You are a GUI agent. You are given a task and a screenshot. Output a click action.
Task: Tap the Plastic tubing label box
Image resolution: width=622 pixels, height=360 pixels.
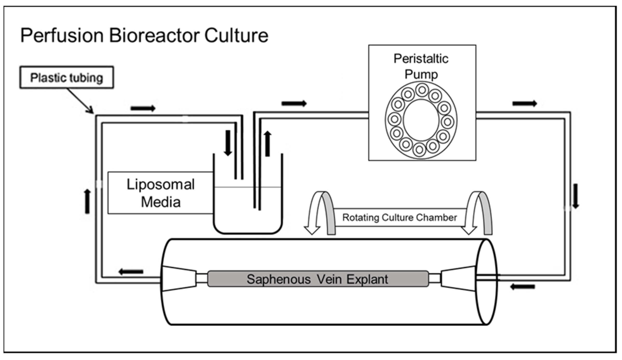(66, 77)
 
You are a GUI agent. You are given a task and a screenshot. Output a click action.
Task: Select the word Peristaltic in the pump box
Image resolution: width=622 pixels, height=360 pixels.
(421, 59)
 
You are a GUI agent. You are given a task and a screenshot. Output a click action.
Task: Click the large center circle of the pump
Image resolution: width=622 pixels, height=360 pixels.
(421, 120)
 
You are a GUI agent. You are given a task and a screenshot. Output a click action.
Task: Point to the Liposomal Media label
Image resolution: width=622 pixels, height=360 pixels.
(160, 193)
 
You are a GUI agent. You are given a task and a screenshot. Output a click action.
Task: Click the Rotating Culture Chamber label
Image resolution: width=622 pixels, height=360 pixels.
(399, 217)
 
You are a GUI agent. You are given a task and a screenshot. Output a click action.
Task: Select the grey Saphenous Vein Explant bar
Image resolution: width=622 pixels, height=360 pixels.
(318, 279)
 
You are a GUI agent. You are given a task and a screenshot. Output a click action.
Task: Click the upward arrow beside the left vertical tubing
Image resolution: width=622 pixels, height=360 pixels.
(87, 202)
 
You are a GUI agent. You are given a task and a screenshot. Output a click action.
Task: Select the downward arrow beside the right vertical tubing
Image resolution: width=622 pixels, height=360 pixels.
(576, 196)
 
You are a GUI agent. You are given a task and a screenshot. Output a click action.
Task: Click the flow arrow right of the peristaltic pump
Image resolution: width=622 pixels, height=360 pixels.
(524, 103)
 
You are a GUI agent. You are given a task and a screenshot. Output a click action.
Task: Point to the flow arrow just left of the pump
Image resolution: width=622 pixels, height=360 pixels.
(294, 103)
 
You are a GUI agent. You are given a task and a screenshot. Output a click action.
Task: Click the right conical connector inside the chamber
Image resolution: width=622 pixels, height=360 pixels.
(458, 278)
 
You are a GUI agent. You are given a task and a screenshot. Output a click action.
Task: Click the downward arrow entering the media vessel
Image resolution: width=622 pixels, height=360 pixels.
(228, 143)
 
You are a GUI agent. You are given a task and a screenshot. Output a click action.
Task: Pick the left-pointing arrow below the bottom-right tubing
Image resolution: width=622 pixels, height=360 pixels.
(522, 287)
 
